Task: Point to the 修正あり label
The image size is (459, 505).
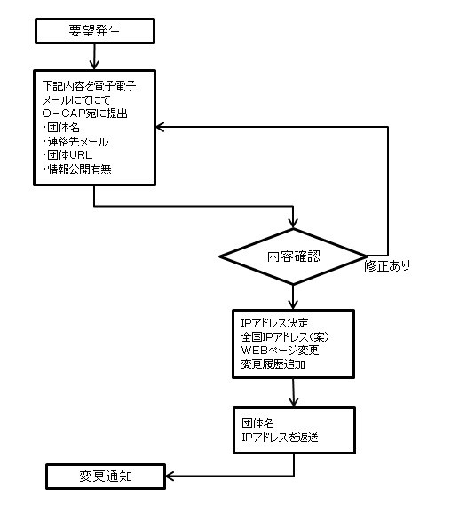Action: [x=387, y=266]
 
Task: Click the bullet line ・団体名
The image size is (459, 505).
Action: [x=61, y=128]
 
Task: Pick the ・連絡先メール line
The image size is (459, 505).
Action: [x=75, y=142]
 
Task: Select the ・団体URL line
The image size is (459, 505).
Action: [x=67, y=155]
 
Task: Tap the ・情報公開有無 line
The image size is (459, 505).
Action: [x=77, y=170]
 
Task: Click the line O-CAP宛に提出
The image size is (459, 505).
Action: [x=85, y=114]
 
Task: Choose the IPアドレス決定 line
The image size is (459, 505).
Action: [x=274, y=323]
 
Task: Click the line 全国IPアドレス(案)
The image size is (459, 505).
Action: [x=285, y=337]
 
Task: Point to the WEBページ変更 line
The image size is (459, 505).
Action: [x=280, y=351]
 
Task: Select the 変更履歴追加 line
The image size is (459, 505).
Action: [x=273, y=365]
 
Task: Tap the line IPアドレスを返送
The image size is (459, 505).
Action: [x=280, y=438]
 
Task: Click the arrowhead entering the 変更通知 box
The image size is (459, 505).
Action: [x=170, y=476]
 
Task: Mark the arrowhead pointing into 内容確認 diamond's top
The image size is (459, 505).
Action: [x=293, y=224]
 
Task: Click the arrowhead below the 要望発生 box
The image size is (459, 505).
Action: [x=94, y=65]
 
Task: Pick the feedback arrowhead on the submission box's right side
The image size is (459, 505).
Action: [x=160, y=127]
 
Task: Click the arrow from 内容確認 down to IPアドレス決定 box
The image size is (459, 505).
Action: [x=293, y=297]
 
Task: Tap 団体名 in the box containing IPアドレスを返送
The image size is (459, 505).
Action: [x=258, y=423]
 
